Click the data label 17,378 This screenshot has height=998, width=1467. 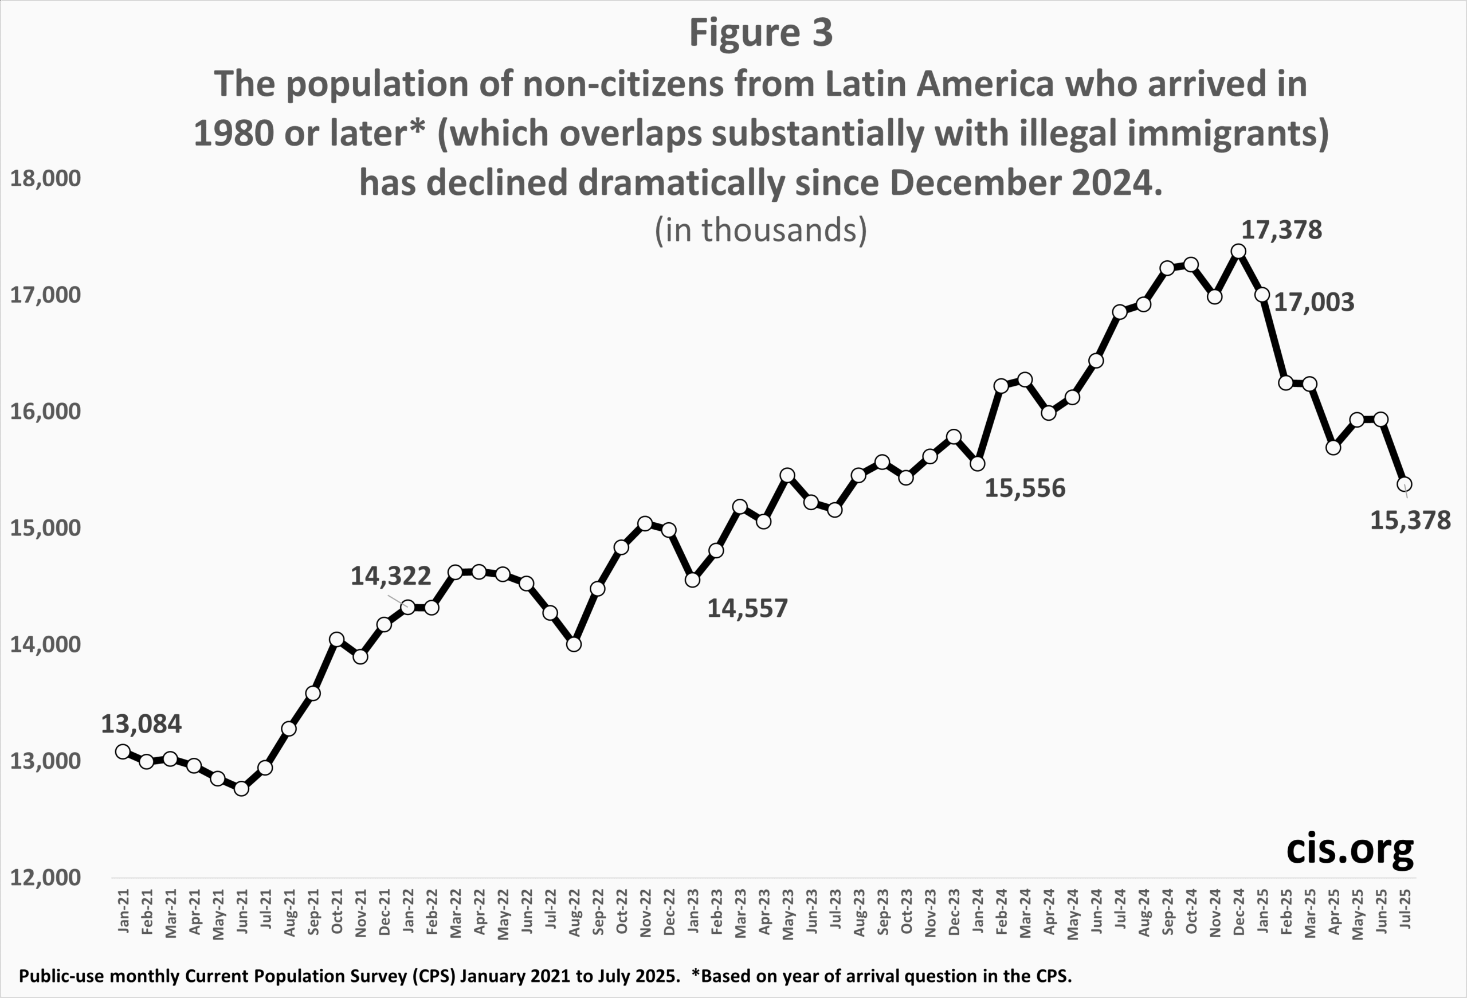click(x=1281, y=230)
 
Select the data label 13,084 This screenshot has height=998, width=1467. click(x=142, y=724)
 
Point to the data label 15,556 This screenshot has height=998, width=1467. click(x=1025, y=488)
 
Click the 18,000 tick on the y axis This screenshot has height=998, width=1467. click(x=45, y=179)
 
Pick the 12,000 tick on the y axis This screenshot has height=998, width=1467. click(x=45, y=878)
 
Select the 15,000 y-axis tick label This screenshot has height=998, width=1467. click(x=45, y=528)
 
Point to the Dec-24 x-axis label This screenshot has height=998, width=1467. click(x=1238, y=911)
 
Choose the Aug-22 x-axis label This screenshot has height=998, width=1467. click(x=574, y=911)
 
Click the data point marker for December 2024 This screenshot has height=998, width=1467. click(x=1238, y=251)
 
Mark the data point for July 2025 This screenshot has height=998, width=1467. click(x=1405, y=484)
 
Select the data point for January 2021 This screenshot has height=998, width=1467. click(x=123, y=751)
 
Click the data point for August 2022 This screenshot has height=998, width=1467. click(x=574, y=644)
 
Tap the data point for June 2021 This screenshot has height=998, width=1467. click(x=241, y=788)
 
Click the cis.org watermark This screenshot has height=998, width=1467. click(x=1350, y=849)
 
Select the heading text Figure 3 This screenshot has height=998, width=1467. click(x=760, y=33)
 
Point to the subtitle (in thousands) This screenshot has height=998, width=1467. click(x=760, y=230)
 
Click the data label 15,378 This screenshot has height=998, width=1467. click(x=1410, y=520)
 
